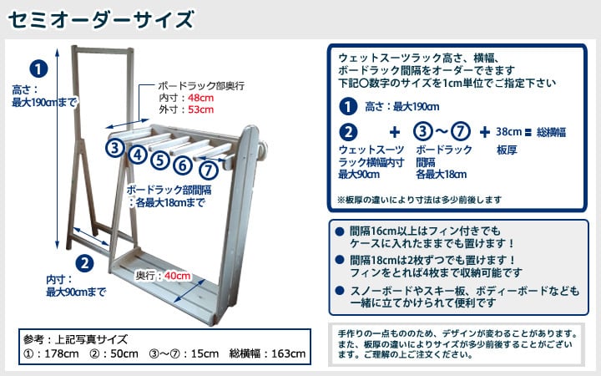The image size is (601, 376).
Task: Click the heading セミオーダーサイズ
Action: (x=103, y=18)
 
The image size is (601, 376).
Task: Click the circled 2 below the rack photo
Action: (x=83, y=263)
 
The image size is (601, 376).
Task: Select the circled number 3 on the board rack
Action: (x=115, y=148)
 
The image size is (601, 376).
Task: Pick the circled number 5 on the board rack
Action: (x=160, y=157)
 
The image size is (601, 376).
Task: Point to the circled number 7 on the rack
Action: (x=209, y=170)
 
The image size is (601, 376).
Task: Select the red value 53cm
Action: (x=201, y=109)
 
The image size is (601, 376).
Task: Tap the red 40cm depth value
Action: (x=177, y=276)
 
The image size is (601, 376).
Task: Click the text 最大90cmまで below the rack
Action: (x=76, y=292)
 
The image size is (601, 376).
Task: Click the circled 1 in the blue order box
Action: (x=346, y=106)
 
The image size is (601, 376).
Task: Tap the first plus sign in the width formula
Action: (x=394, y=131)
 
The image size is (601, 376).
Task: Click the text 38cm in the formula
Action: (x=510, y=131)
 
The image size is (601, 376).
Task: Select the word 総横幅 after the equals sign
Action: (x=553, y=131)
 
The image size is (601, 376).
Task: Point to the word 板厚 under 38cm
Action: (x=508, y=150)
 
